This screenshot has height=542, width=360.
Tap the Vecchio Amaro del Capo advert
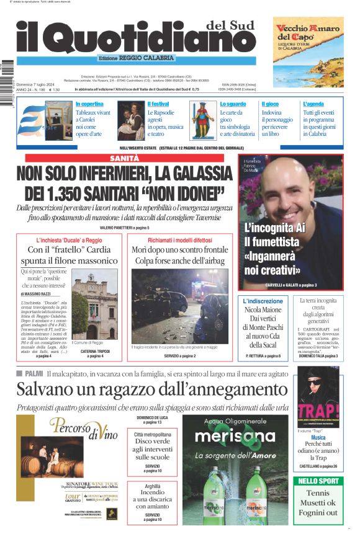tap(308, 52)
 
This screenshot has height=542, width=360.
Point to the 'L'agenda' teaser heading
tap(313, 104)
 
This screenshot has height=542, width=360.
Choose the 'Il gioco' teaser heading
tap(270, 104)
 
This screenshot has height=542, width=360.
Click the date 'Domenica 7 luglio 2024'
tap(38, 83)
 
